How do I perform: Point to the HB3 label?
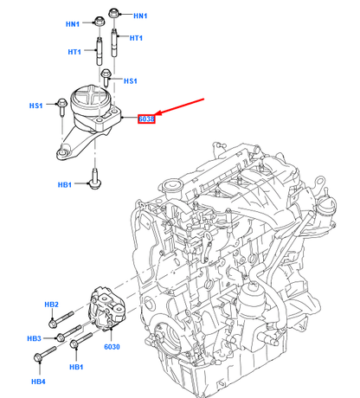click(34, 337)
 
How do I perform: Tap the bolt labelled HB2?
click(56, 323)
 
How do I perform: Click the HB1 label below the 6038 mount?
click(64, 183)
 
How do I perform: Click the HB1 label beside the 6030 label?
click(77, 367)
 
